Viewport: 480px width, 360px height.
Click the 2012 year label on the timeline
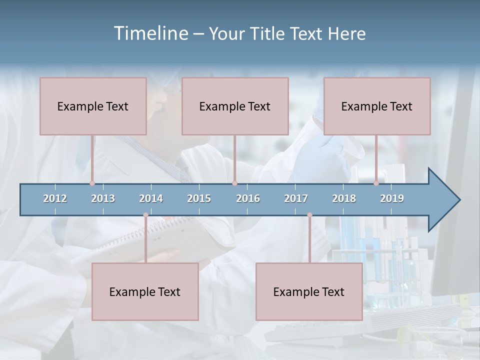(x=55, y=198)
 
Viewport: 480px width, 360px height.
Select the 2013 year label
(x=103, y=198)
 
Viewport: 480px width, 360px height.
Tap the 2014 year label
(x=151, y=198)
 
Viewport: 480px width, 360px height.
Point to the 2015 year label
(x=199, y=198)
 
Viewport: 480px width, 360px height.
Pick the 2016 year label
(x=248, y=198)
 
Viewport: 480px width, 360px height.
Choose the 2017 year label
(x=296, y=198)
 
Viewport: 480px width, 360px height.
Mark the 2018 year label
(x=344, y=198)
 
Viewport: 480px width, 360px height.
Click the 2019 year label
(x=392, y=198)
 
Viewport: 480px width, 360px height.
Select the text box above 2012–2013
(x=93, y=106)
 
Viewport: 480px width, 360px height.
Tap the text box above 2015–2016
(x=235, y=106)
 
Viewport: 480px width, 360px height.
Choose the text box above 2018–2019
(x=377, y=106)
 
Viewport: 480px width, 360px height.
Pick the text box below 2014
(x=145, y=291)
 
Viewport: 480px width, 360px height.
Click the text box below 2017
(x=309, y=291)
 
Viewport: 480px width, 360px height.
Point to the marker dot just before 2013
(x=92, y=183)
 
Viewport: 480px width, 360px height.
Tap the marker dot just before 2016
(x=234, y=183)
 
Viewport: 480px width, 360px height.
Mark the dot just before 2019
(x=376, y=183)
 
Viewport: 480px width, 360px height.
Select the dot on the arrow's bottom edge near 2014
(x=145, y=215)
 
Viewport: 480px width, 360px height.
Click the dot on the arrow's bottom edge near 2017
(x=309, y=215)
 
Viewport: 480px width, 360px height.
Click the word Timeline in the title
(x=150, y=33)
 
